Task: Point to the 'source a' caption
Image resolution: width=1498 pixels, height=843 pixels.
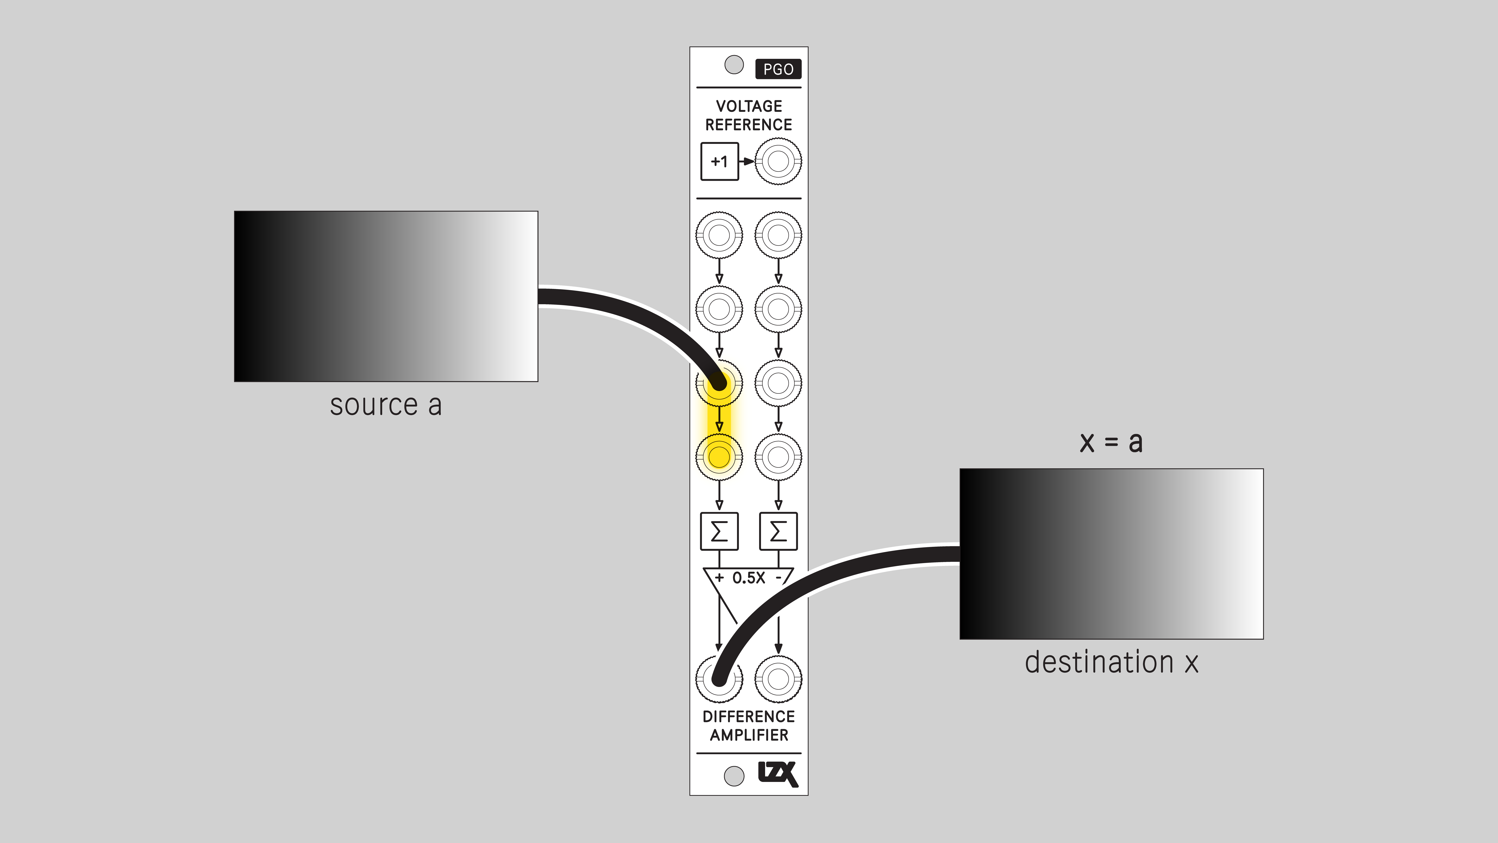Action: pyautogui.click(x=386, y=406)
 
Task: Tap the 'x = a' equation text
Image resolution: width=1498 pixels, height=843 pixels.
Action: pyautogui.click(x=1111, y=442)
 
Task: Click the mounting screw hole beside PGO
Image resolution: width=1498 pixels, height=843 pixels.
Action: pyautogui.click(x=734, y=65)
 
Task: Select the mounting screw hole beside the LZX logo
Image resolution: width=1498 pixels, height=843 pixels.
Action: pyautogui.click(x=734, y=776)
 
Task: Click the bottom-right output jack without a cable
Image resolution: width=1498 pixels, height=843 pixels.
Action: pyautogui.click(x=778, y=679)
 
